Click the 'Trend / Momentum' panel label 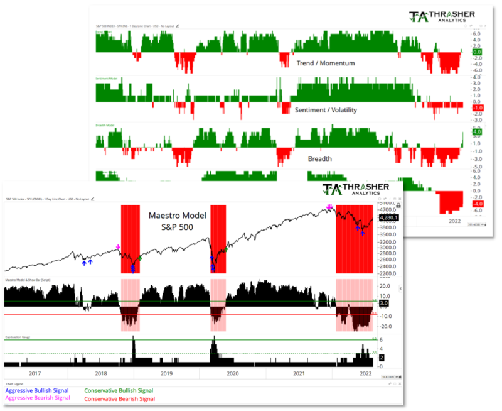coord(325,63)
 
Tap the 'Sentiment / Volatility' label coord(325,110)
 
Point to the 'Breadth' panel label coord(320,159)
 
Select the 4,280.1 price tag coord(388,218)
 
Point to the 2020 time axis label coord(232,373)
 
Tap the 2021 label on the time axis coord(298,373)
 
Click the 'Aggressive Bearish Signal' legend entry coord(38,398)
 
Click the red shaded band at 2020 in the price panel coord(218,239)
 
